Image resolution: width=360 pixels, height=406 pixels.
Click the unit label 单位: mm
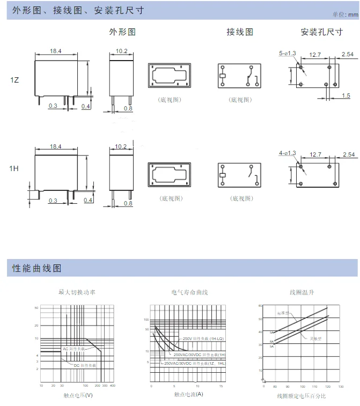click(x=345, y=15)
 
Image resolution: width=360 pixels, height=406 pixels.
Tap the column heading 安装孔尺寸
click(x=321, y=32)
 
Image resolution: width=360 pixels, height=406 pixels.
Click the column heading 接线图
click(x=239, y=32)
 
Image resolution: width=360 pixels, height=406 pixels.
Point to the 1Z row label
click(x=14, y=80)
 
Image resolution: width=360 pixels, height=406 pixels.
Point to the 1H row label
click(x=14, y=168)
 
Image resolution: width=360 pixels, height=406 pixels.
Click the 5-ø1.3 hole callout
click(x=287, y=53)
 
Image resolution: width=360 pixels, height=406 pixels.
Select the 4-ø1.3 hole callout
click(x=287, y=153)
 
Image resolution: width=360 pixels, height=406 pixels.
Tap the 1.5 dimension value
click(x=346, y=96)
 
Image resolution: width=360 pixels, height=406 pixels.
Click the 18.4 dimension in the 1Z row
click(x=56, y=51)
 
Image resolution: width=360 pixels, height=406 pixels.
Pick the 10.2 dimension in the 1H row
click(x=121, y=146)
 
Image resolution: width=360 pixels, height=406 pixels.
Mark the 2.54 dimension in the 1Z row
click(x=348, y=55)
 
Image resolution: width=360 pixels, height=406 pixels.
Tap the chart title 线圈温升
click(x=302, y=292)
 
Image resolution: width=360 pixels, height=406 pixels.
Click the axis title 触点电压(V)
click(x=77, y=395)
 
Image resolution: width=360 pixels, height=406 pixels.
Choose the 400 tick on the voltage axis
click(x=113, y=386)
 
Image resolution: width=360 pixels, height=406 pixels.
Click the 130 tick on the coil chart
click(x=341, y=386)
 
